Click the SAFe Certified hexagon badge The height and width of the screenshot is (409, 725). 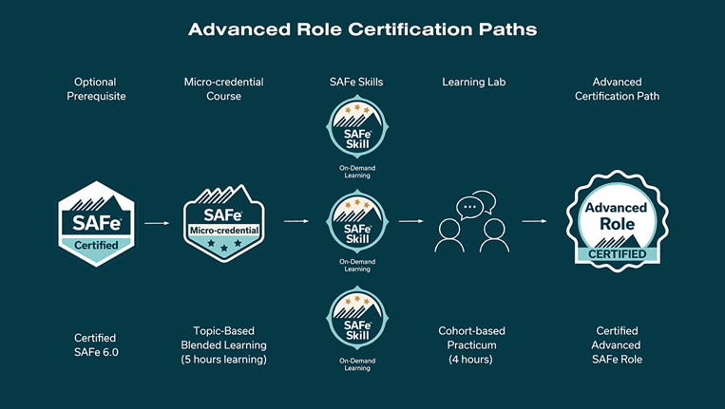[96, 223]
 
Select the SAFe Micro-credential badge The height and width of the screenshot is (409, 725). [224, 223]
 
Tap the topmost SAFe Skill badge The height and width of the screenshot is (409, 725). [357, 127]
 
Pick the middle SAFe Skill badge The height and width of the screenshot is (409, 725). [357, 221]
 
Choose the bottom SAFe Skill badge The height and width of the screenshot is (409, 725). [357, 319]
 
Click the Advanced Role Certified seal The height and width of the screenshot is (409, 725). [617, 221]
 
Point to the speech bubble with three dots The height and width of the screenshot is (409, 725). [469, 208]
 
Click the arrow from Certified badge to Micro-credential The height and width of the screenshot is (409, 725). [157, 223]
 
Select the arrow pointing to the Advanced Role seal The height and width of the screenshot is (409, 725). [534, 221]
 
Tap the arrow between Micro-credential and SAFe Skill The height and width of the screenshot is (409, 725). [296, 221]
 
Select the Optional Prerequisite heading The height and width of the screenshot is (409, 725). [96, 88]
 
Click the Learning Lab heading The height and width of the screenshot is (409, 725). [473, 83]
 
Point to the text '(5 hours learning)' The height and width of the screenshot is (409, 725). [224, 359]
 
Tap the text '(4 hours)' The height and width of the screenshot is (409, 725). [470, 359]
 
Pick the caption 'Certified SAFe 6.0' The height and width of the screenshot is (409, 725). [96, 344]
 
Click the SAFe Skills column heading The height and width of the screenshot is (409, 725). [356, 83]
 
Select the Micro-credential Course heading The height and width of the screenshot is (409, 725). [224, 88]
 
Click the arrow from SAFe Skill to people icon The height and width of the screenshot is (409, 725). [410, 221]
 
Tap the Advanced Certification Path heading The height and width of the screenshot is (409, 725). [617, 88]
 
